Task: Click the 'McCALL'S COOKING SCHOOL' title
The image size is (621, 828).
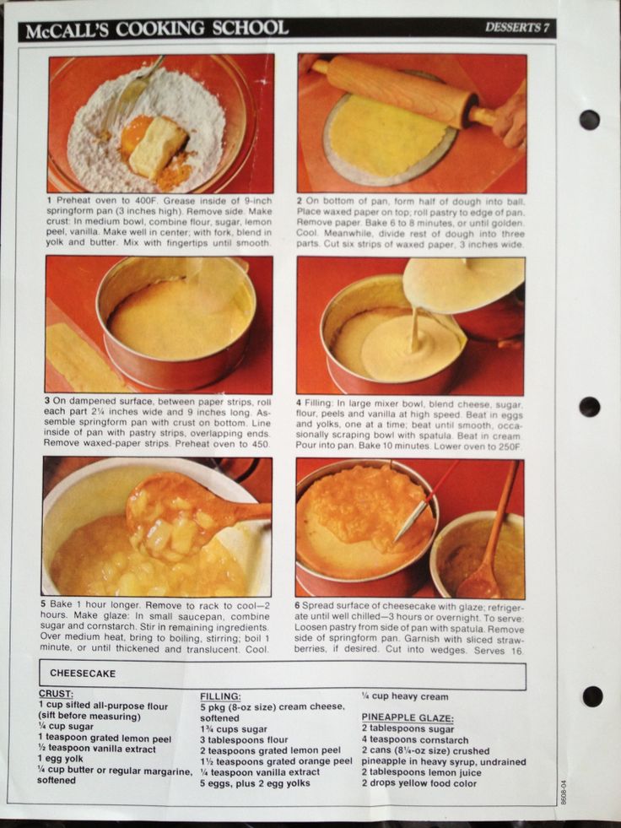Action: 157,29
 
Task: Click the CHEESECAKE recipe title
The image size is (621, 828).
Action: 83,674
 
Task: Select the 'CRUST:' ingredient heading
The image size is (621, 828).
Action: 56,694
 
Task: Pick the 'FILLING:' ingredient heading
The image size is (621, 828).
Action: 220,696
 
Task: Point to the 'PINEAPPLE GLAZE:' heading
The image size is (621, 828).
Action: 408,718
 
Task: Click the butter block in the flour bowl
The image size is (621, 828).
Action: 158,147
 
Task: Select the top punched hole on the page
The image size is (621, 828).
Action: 589,120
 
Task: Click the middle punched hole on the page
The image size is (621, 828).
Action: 589,407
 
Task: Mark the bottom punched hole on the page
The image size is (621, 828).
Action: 592,696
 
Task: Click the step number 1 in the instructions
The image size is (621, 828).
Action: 49,201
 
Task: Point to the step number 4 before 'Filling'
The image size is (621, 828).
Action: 299,404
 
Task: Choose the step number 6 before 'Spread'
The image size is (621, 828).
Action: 297,605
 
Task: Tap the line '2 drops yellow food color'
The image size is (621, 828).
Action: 418,783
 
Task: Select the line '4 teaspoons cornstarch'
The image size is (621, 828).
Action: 415,740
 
